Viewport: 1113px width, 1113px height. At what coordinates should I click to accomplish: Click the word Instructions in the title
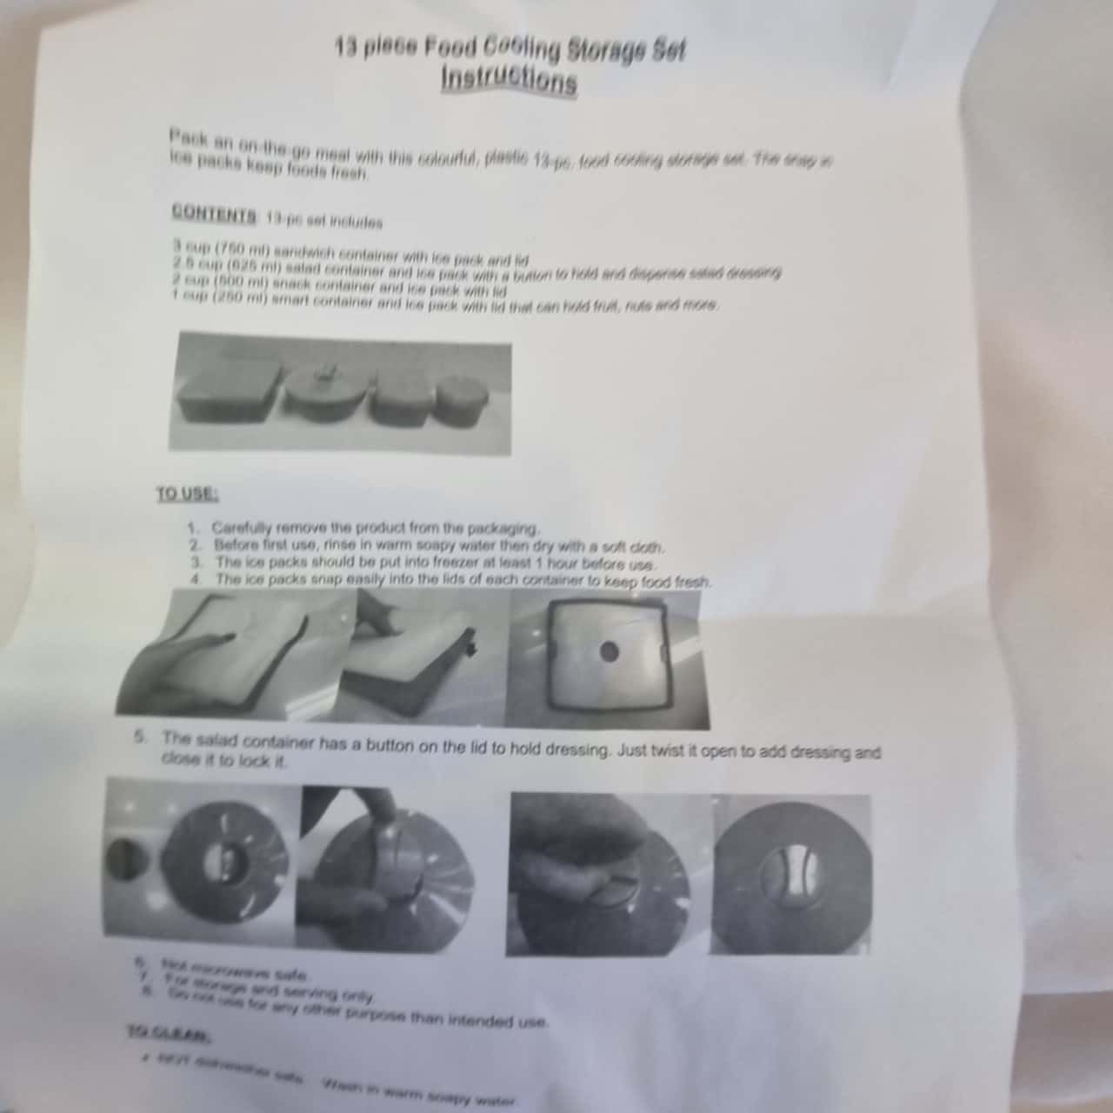509,79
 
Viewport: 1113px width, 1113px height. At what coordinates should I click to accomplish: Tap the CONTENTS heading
214,212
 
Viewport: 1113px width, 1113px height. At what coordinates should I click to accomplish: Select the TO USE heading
187,494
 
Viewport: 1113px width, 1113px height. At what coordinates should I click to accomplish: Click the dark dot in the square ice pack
610,651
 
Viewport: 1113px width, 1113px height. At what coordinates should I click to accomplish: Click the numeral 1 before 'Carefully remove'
193,527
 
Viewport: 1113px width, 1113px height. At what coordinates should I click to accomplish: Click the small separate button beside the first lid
123,861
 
